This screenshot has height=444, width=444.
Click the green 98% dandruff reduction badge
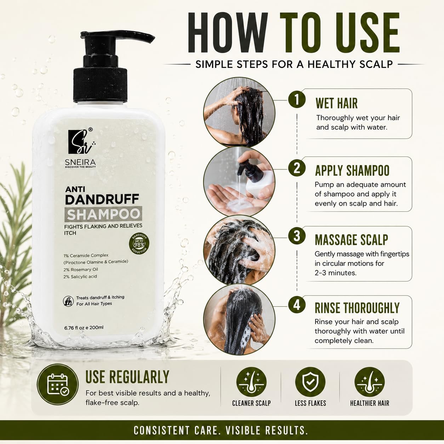pyautogui.click(x=139, y=244)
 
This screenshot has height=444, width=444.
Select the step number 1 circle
pyautogui.click(x=297, y=99)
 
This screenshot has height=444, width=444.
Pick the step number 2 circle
pyautogui.click(x=297, y=168)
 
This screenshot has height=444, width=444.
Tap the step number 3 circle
pyautogui.click(x=297, y=236)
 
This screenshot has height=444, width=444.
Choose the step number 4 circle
pyautogui.click(x=297, y=306)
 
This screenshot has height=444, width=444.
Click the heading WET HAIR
pyautogui.click(x=337, y=103)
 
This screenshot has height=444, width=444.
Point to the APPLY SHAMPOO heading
pyautogui.click(x=352, y=170)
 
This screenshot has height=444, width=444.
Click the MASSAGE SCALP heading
pyautogui.click(x=351, y=240)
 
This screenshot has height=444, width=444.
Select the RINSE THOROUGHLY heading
pyautogui.click(x=357, y=308)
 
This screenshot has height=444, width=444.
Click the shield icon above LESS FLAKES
pyautogui.click(x=310, y=382)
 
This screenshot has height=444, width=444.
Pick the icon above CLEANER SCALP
pyautogui.click(x=251, y=382)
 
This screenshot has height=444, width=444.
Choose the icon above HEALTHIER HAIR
pyautogui.click(x=370, y=382)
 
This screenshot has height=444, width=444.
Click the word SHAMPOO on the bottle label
pyautogui.click(x=103, y=214)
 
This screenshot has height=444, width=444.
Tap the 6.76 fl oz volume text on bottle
pyautogui.click(x=84, y=328)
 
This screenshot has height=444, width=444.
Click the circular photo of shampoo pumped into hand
pyautogui.click(x=239, y=182)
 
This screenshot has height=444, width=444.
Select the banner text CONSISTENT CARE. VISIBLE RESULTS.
pyautogui.click(x=221, y=430)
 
